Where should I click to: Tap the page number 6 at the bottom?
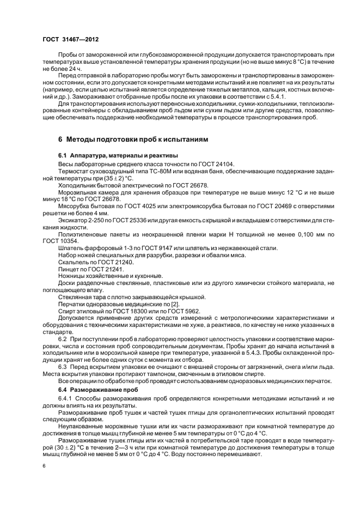coord(45,466)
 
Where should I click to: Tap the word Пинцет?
coord(69,269)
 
